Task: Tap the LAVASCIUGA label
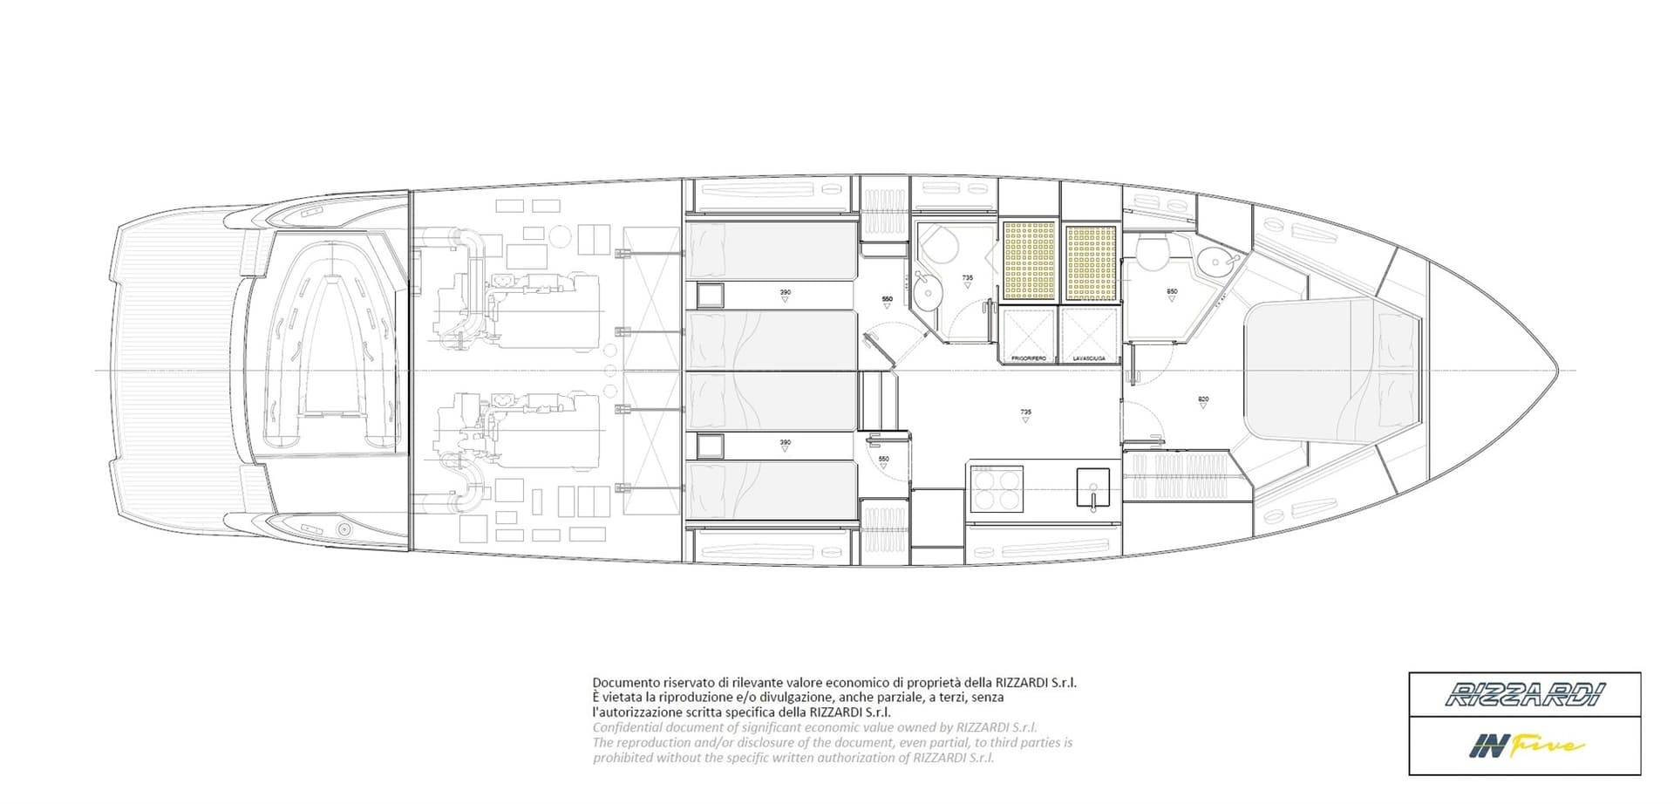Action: click(x=1088, y=358)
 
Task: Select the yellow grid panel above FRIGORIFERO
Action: click(x=1029, y=261)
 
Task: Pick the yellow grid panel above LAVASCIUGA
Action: click(x=1091, y=261)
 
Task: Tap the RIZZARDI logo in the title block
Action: click(x=1524, y=695)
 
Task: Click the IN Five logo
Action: click(x=1524, y=746)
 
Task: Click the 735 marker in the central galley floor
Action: click(x=1025, y=412)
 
